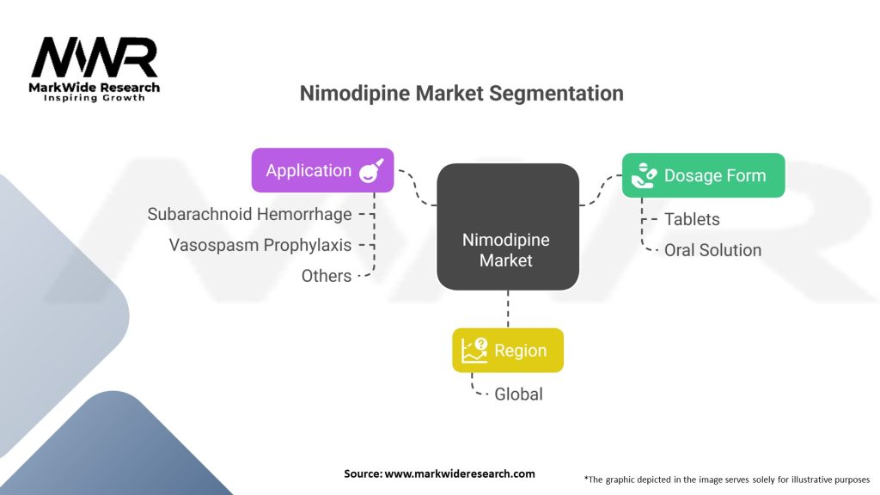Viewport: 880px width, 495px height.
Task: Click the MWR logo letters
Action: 95,58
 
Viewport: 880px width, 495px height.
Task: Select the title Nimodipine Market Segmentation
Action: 461,93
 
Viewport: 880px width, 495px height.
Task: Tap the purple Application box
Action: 322,170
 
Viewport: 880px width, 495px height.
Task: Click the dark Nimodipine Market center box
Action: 506,227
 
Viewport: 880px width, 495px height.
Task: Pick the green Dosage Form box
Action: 702,175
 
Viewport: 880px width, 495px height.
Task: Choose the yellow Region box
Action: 508,350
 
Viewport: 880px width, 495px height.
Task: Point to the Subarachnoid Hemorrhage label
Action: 249,214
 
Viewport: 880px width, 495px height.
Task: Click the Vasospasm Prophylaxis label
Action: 260,245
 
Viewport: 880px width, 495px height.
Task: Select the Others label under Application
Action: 327,276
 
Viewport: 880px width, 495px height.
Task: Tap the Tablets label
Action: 692,219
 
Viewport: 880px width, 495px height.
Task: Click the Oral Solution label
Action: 712,250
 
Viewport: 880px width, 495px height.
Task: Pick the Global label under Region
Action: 518,394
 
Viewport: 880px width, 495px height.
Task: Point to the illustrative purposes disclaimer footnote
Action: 726,479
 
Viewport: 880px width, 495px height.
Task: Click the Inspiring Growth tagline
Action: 95,98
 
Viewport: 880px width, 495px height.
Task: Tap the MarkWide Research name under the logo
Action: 95,87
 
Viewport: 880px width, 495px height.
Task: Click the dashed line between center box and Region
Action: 507,309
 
